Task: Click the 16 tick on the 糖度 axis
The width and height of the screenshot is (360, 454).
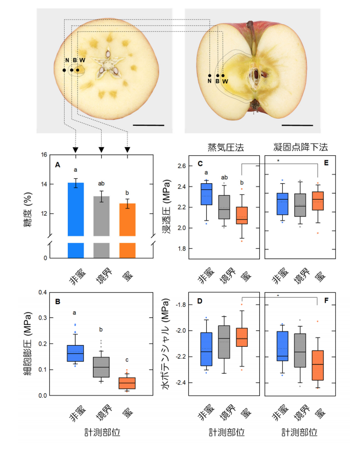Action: coord(44,155)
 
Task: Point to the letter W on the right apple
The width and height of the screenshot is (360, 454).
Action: coord(225,81)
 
